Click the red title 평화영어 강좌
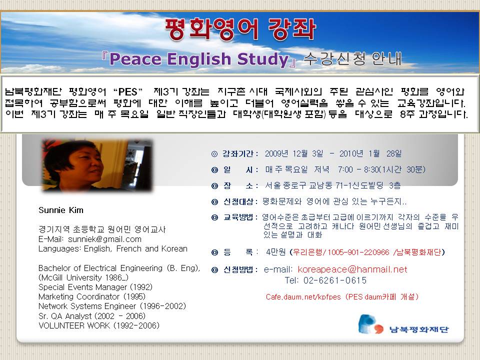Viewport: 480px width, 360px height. [x=240, y=29]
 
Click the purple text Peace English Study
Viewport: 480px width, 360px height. [x=199, y=59]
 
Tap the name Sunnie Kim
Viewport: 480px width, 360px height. [x=61, y=210]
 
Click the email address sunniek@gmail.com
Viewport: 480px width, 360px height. [x=104, y=239]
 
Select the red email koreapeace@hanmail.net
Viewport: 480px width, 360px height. [x=352, y=269]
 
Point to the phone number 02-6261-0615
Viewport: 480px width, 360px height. [x=335, y=280]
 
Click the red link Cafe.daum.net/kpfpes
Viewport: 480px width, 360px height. [x=303, y=296]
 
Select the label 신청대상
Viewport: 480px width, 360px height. [x=238, y=201]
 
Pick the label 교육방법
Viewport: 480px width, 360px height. [x=238, y=217]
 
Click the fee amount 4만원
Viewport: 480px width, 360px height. [x=276, y=252]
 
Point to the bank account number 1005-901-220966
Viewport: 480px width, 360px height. [x=358, y=252]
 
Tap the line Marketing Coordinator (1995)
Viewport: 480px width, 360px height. [x=92, y=296]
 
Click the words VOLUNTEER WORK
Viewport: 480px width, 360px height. [x=74, y=325]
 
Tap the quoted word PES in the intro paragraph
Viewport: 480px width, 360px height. [x=127, y=92]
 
